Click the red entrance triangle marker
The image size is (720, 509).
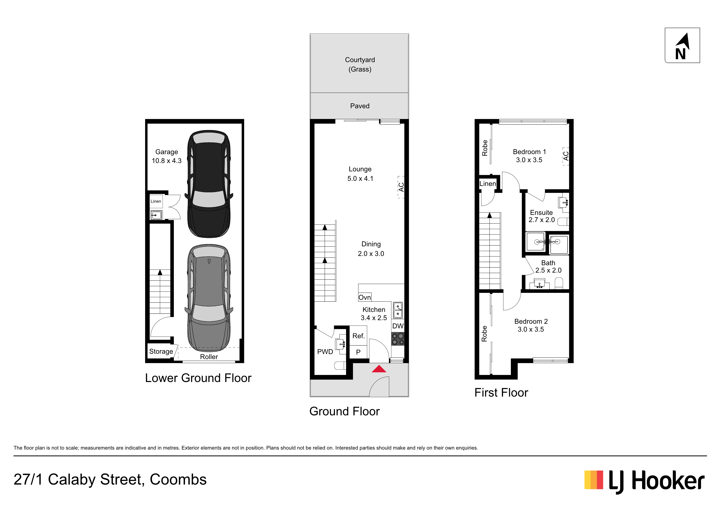click(379, 369)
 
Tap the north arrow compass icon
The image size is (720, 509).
click(682, 46)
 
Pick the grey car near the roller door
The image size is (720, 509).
click(209, 298)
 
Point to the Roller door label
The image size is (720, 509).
click(209, 357)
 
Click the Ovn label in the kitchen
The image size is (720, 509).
click(365, 297)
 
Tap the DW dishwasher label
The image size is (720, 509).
click(398, 326)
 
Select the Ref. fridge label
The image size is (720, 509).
click(358, 336)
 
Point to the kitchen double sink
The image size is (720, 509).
click(398, 310)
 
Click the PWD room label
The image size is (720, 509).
click(325, 352)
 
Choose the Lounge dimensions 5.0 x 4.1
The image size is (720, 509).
click(360, 178)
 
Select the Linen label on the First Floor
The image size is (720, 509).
click(488, 184)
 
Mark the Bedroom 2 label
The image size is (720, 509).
click(531, 321)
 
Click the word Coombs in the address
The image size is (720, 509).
click(178, 479)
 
